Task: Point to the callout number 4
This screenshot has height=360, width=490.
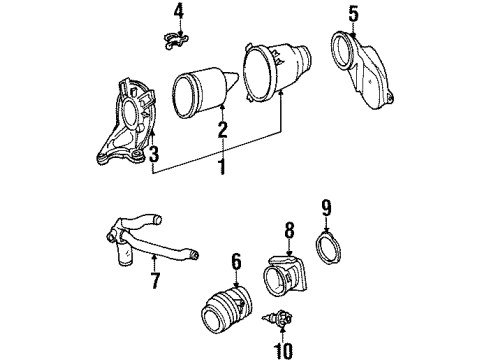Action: coord(178,11)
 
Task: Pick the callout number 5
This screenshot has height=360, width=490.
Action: coord(352,14)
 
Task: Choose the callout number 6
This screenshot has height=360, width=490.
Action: coord(236,261)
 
